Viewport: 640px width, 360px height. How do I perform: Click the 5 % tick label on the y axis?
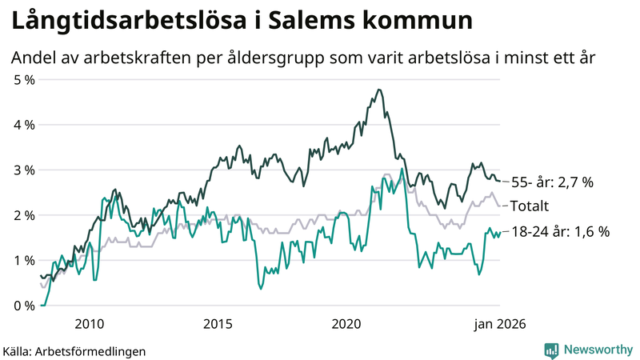coord(22,80)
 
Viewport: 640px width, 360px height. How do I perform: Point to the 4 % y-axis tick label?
coord(22,125)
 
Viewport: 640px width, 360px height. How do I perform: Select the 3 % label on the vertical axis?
coord(22,170)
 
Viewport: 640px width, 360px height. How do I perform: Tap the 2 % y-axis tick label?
coord(22,215)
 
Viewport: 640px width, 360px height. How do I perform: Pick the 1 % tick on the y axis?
coord(22,261)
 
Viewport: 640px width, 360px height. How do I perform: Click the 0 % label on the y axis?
coord(22,306)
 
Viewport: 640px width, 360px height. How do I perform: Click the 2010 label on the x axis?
coord(89,323)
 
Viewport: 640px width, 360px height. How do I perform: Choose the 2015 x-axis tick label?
coord(218,323)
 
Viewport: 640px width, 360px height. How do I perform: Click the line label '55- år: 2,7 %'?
coord(552,182)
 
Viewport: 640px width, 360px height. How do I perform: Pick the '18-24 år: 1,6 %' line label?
coord(560,232)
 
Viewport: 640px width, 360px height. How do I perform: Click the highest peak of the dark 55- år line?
coord(378,90)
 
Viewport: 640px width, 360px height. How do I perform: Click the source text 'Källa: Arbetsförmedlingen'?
coord(74,350)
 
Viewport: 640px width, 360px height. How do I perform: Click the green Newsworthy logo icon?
coord(551,350)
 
